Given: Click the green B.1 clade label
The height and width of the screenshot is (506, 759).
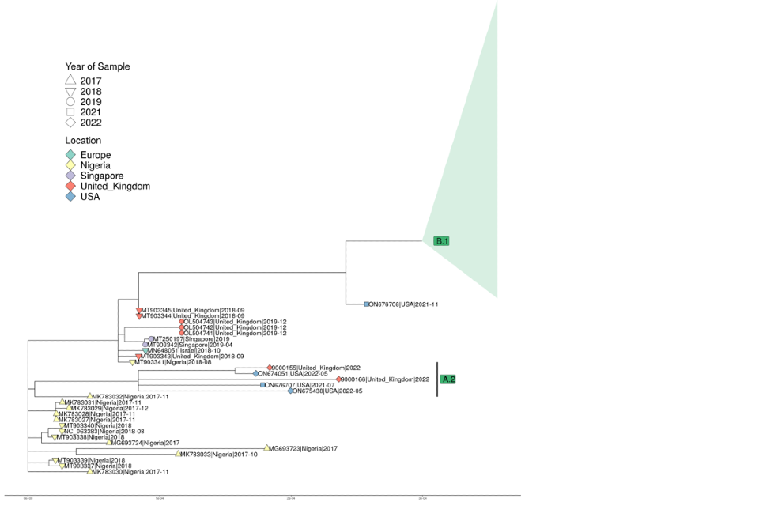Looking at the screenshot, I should tap(441, 241).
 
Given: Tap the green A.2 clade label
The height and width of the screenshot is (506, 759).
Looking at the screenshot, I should tap(448, 379).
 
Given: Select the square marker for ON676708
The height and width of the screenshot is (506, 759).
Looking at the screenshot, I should tap(367, 304).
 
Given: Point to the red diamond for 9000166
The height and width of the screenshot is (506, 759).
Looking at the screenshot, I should tap(339, 379).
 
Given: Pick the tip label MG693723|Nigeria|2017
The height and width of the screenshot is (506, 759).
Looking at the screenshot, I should tap(304, 448).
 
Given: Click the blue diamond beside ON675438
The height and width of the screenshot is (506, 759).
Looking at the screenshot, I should tap(291, 391).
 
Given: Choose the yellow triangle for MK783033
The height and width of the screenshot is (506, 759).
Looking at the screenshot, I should tap(177, 455).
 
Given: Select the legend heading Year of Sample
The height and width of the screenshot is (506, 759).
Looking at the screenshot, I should tap(97, 67).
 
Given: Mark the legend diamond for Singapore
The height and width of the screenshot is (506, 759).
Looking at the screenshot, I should tap(70, 176).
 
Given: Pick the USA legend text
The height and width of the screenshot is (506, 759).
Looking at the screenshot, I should tap(91, 198).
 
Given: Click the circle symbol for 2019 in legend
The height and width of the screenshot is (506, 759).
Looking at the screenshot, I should tap(70, 102).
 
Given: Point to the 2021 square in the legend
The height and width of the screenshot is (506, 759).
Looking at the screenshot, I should tap(70, 112).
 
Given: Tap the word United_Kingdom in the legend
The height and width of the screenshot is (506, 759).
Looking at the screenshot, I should tap(115, 187).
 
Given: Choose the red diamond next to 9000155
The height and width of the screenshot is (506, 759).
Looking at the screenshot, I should tap(270, 368).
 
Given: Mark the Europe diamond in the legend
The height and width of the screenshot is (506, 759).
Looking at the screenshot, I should tap(70, 155).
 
